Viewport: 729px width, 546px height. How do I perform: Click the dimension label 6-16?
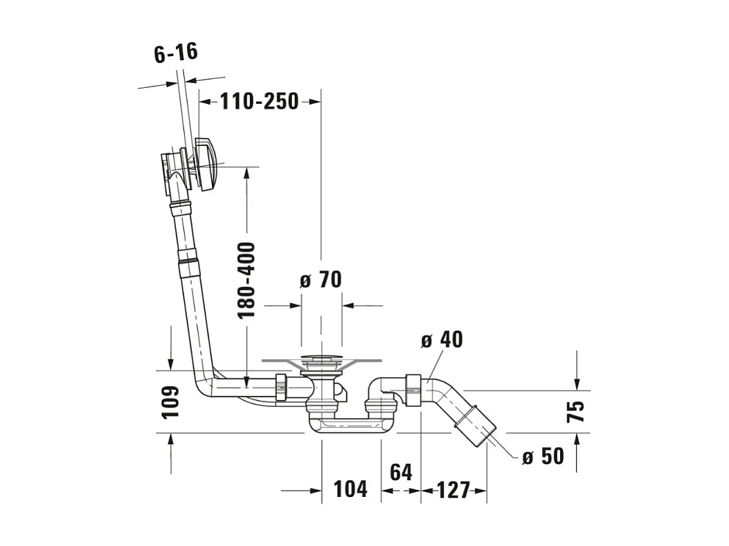[x=177, y=53]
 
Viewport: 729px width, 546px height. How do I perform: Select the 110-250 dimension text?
[x=260, y=101]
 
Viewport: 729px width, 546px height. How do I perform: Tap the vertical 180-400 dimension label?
[x=246, y=280]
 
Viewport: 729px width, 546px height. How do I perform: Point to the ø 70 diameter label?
[x=321, y=280]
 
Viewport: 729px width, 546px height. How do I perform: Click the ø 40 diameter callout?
[x=442, y=340]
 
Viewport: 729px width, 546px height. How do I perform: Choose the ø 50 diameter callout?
[x=543, y=456]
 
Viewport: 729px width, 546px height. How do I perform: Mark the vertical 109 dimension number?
[x=170, y=403]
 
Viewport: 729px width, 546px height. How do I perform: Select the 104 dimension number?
[x=350, y=489]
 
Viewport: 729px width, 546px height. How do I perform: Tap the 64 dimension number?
[x=401, y=472]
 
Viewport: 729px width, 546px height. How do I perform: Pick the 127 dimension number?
[x=453, y=490]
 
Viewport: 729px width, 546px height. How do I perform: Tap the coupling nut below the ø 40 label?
[x=413, y=390]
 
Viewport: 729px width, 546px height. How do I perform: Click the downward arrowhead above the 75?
[x=577, y=384]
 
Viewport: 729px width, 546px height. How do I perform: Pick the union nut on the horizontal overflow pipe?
[x=282, y=387]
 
